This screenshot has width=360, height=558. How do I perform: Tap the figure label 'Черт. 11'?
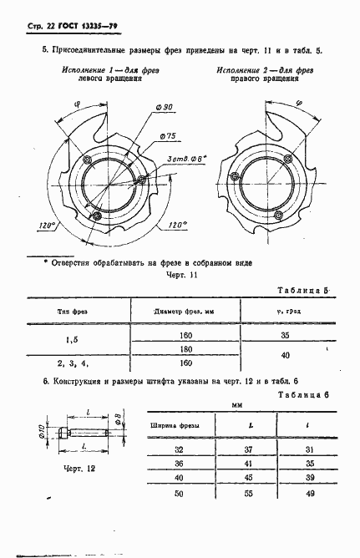tap(181, 275)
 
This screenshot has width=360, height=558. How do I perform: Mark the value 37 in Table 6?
tap(248, 449)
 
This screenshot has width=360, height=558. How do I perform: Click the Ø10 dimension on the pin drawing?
tap(42, 434)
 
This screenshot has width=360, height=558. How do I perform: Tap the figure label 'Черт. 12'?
tap(79, 469)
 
